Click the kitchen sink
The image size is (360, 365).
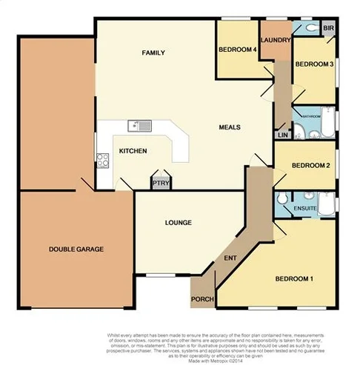139,125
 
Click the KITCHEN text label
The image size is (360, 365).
133,151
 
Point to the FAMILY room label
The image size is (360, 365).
153,53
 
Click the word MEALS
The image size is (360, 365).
230,127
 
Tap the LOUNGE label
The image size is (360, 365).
179,222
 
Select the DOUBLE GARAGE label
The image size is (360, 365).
76,250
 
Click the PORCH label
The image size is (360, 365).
202,299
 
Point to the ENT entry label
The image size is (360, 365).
230,258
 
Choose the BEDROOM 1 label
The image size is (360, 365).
294,279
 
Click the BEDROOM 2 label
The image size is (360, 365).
310,165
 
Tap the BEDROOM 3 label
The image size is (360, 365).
314,64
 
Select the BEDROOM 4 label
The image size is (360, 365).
237,50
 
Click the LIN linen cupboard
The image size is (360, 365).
282,135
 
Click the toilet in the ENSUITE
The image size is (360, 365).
282,201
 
